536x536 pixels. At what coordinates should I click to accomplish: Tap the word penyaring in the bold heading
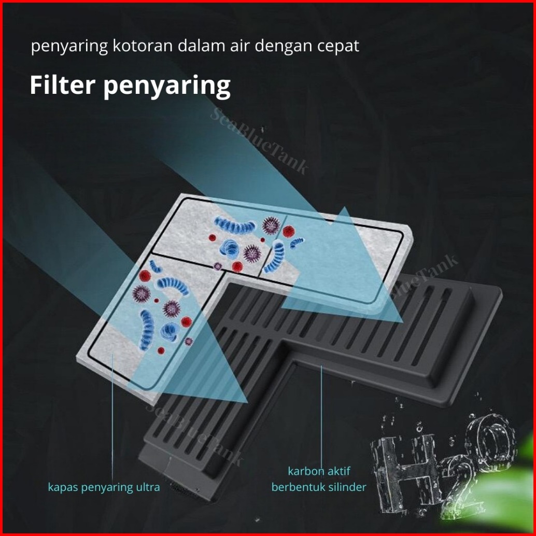coord(167,87)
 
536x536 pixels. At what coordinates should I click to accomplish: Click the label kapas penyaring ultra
coord(104,487)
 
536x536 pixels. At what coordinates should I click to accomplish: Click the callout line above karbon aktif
coord(321,415)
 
